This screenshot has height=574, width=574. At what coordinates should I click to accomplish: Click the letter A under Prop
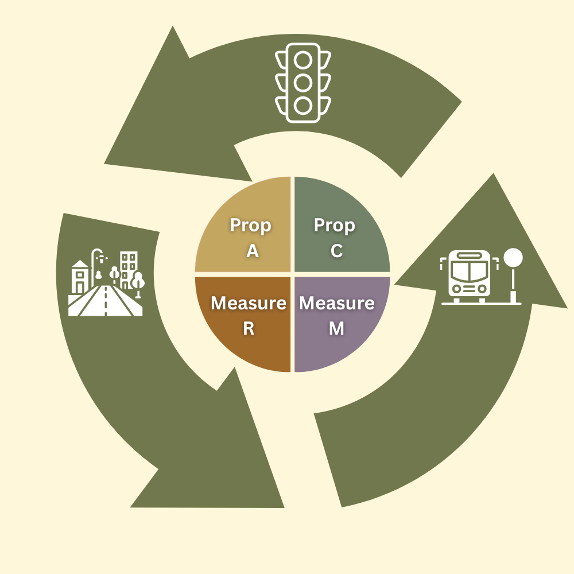click(x=253, y=251)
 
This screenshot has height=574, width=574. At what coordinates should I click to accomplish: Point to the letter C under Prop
click(x=337, y=251)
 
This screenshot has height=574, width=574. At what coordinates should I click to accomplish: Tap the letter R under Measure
click(x=249, y=328)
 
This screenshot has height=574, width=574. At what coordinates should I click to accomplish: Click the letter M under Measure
click(x=336, y=328)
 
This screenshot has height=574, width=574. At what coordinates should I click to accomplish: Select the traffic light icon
click(x=303, y=83)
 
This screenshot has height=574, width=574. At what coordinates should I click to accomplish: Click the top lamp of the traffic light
click(x=303, y=60)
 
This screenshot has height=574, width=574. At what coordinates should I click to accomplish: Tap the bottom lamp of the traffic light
click(x=303, y=106)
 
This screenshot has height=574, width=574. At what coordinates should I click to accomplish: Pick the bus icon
click(x=470, y=277)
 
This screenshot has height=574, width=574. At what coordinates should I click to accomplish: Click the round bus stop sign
click(x=513, y=258)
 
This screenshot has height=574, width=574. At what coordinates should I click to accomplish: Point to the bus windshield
click(x=470, y=272)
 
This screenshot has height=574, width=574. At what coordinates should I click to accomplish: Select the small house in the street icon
click(x=80, y=277)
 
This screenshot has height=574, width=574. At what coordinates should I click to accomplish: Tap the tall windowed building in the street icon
click(x=129, y=270)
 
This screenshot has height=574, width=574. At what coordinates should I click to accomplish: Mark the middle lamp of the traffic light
click(x=303, y=83)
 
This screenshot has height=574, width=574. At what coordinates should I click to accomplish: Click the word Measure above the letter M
click(x=337, y=303)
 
